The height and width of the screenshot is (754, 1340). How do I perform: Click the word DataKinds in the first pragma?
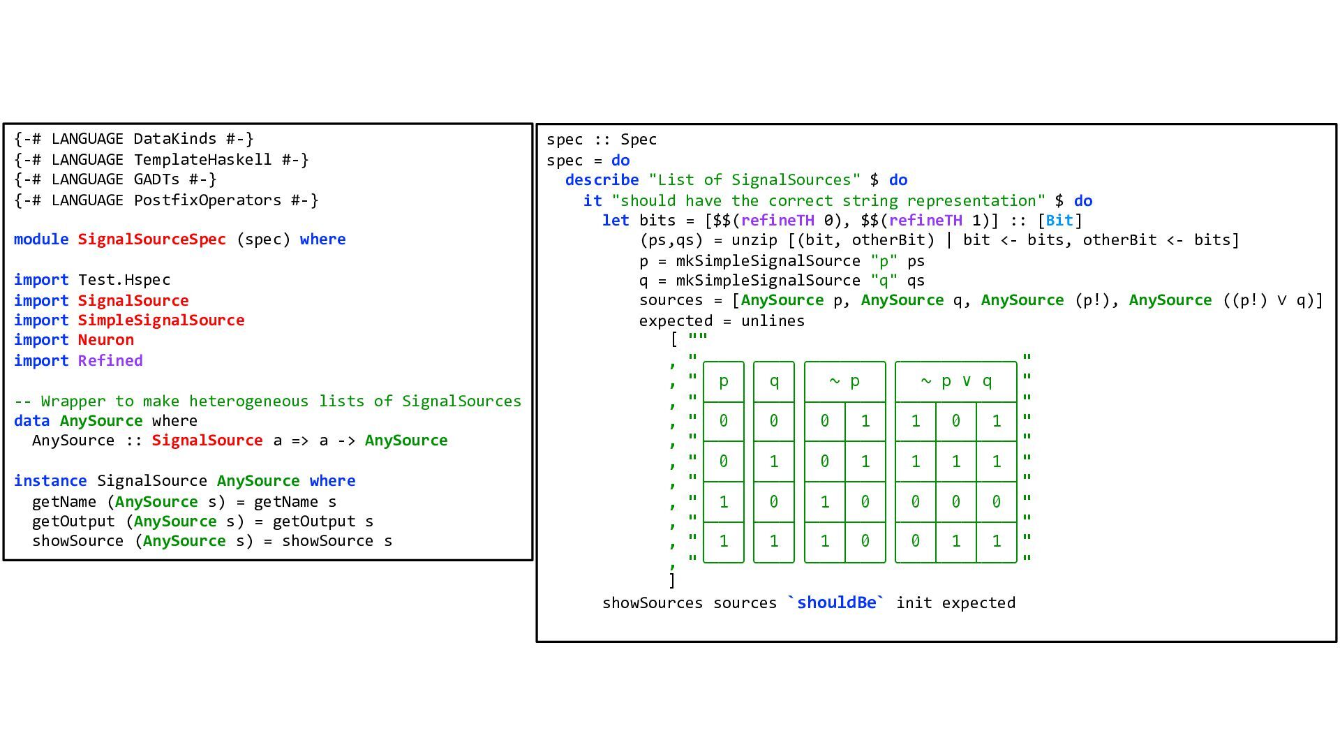tap(174, 139)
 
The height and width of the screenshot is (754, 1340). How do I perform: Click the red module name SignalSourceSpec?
tap(151, 239)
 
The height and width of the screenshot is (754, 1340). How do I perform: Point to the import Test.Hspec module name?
tap(124, 280)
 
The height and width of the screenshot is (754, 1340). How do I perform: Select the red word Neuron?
tap(105, 340)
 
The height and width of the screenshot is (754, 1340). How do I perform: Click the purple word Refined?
tap(110, 361)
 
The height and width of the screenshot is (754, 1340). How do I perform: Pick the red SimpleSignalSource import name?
tap(161, 320)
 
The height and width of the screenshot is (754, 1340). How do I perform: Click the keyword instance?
tap(50, 481)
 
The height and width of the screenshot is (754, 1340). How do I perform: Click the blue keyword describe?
tap(602, 180)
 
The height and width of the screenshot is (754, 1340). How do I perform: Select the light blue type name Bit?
tap(1059, 221)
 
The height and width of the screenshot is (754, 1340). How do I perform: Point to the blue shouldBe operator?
tap(836, 603)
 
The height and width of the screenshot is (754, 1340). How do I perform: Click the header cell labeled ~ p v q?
tap(955, 381)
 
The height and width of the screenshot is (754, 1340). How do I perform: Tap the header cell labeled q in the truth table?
tap(773, 381)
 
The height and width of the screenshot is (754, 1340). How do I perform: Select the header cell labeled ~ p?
tap(844, 381)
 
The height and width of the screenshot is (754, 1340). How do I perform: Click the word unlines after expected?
tap(773, 321)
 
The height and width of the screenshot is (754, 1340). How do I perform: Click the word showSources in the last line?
tap(652, 603)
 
